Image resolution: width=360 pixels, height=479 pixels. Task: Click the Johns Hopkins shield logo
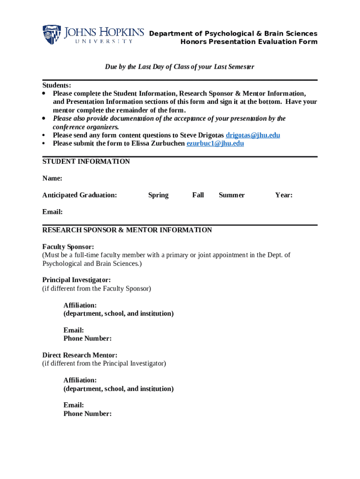(x=51, y=35)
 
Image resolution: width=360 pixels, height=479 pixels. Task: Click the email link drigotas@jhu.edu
(x=253, y=135)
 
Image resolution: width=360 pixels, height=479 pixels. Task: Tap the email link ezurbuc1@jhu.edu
(x=215, y=144)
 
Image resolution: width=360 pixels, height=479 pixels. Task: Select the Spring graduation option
(x=158, y=195)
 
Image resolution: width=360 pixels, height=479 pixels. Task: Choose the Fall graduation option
(x=198, y=195)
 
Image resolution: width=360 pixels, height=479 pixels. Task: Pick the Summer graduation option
(x=231, y=195)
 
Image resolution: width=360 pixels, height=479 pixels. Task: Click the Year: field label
(x=284, y=195)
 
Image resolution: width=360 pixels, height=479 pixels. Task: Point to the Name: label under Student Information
(x=52, y=178)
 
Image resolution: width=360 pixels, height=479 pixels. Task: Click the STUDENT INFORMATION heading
(x=86, y=161)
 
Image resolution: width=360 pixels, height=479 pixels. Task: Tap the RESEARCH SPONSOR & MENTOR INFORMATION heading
(x=127, y=230)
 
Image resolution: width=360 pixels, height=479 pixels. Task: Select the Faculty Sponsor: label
(x=68, y=247)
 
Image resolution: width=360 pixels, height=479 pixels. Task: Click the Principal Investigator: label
(x=77, y=280)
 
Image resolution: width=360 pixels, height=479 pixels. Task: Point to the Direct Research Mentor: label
(x=80, y=355)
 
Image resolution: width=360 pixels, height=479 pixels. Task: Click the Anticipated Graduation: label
(x=79, y=195)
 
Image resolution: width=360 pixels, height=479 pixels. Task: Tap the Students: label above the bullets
(x=57, y=85)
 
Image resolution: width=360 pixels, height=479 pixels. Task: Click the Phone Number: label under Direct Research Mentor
(x=87, y=414)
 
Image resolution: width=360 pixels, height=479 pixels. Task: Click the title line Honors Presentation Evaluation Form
(x=249, y=42)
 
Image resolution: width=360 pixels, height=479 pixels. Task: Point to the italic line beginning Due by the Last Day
(x=180, y=67)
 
